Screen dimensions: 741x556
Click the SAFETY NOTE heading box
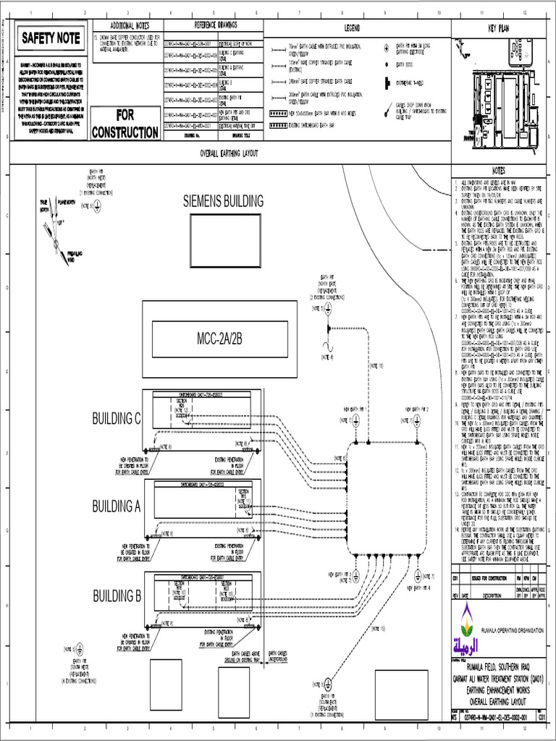(49, 38)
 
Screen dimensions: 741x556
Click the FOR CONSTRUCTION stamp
(125, 124)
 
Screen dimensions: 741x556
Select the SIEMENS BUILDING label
(223, 201)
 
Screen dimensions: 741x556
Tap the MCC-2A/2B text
(219, 339)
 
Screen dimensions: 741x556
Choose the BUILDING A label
(116, 507)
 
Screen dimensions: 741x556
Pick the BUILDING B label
(116, 596)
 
